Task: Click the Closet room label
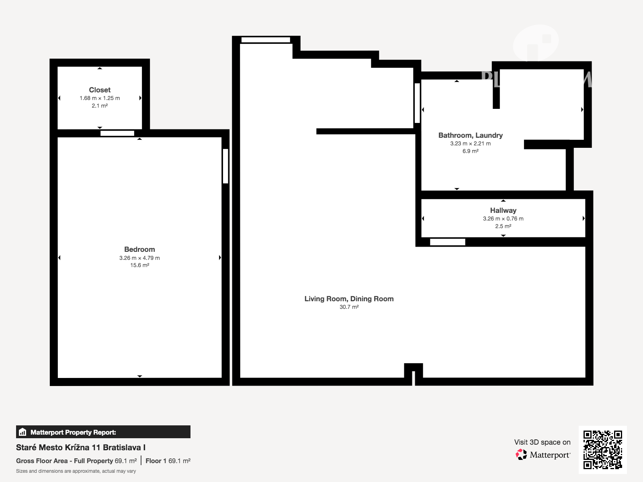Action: tap(100, 90)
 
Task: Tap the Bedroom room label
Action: tap(139, 249)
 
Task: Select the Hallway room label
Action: tap(503, 210)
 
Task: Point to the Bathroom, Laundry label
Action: tap(471, 135)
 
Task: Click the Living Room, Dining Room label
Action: tap(349, 299)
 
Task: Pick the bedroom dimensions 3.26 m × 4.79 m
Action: tap(139, 258)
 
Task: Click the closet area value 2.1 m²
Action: tap(100, 106)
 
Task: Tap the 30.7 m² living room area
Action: tap(349, 307)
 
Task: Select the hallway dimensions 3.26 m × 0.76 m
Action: tap(503, 219)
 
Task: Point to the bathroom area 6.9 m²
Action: tap(471, 151)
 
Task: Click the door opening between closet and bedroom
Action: tap(117, 133)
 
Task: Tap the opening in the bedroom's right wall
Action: tap(225, 166)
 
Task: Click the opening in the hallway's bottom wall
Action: tap(447, 242)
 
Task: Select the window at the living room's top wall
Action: tap(265, 40)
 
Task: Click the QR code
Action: tap(602, 449)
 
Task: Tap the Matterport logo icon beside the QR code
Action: tap(521, 455)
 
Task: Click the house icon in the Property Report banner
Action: tap(23, 432)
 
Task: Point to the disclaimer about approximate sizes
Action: tap(76, 471)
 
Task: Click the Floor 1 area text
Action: tap(168, 461)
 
